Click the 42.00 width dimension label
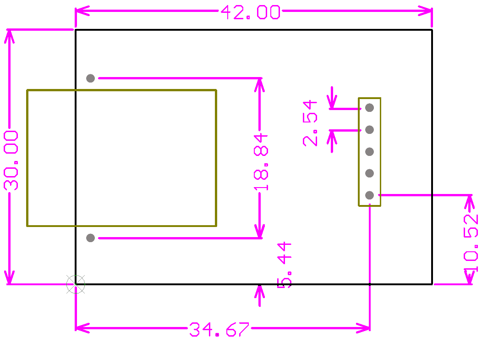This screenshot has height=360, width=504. [251, 12]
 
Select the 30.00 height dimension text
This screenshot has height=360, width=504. [11, 160]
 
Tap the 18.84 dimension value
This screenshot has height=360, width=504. [261, 162]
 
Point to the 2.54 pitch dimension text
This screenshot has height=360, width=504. [310, 123]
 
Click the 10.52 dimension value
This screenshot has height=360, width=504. [471, 243]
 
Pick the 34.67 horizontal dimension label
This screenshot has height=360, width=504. [219, 329]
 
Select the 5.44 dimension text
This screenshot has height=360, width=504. [285, 265]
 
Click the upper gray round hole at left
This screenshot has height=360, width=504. [90, 78]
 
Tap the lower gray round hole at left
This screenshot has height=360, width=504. [90, 238]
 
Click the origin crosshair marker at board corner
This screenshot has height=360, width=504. [76, 284]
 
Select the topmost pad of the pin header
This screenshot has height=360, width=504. [369, 108]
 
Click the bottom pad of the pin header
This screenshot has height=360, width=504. [369, 195]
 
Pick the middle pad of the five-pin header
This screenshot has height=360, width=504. [369, 151]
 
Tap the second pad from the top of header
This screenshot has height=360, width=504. [369, 129]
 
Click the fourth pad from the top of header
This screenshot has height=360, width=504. [369, 173]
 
